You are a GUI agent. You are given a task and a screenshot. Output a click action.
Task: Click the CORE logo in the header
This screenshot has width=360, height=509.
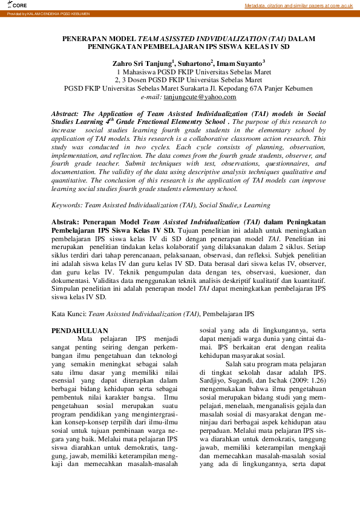click(18, 5)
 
